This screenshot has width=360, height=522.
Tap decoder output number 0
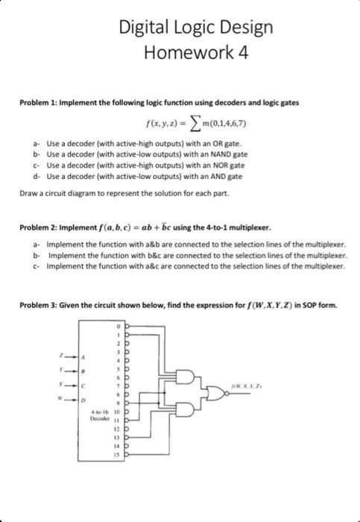click(116, 327)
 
